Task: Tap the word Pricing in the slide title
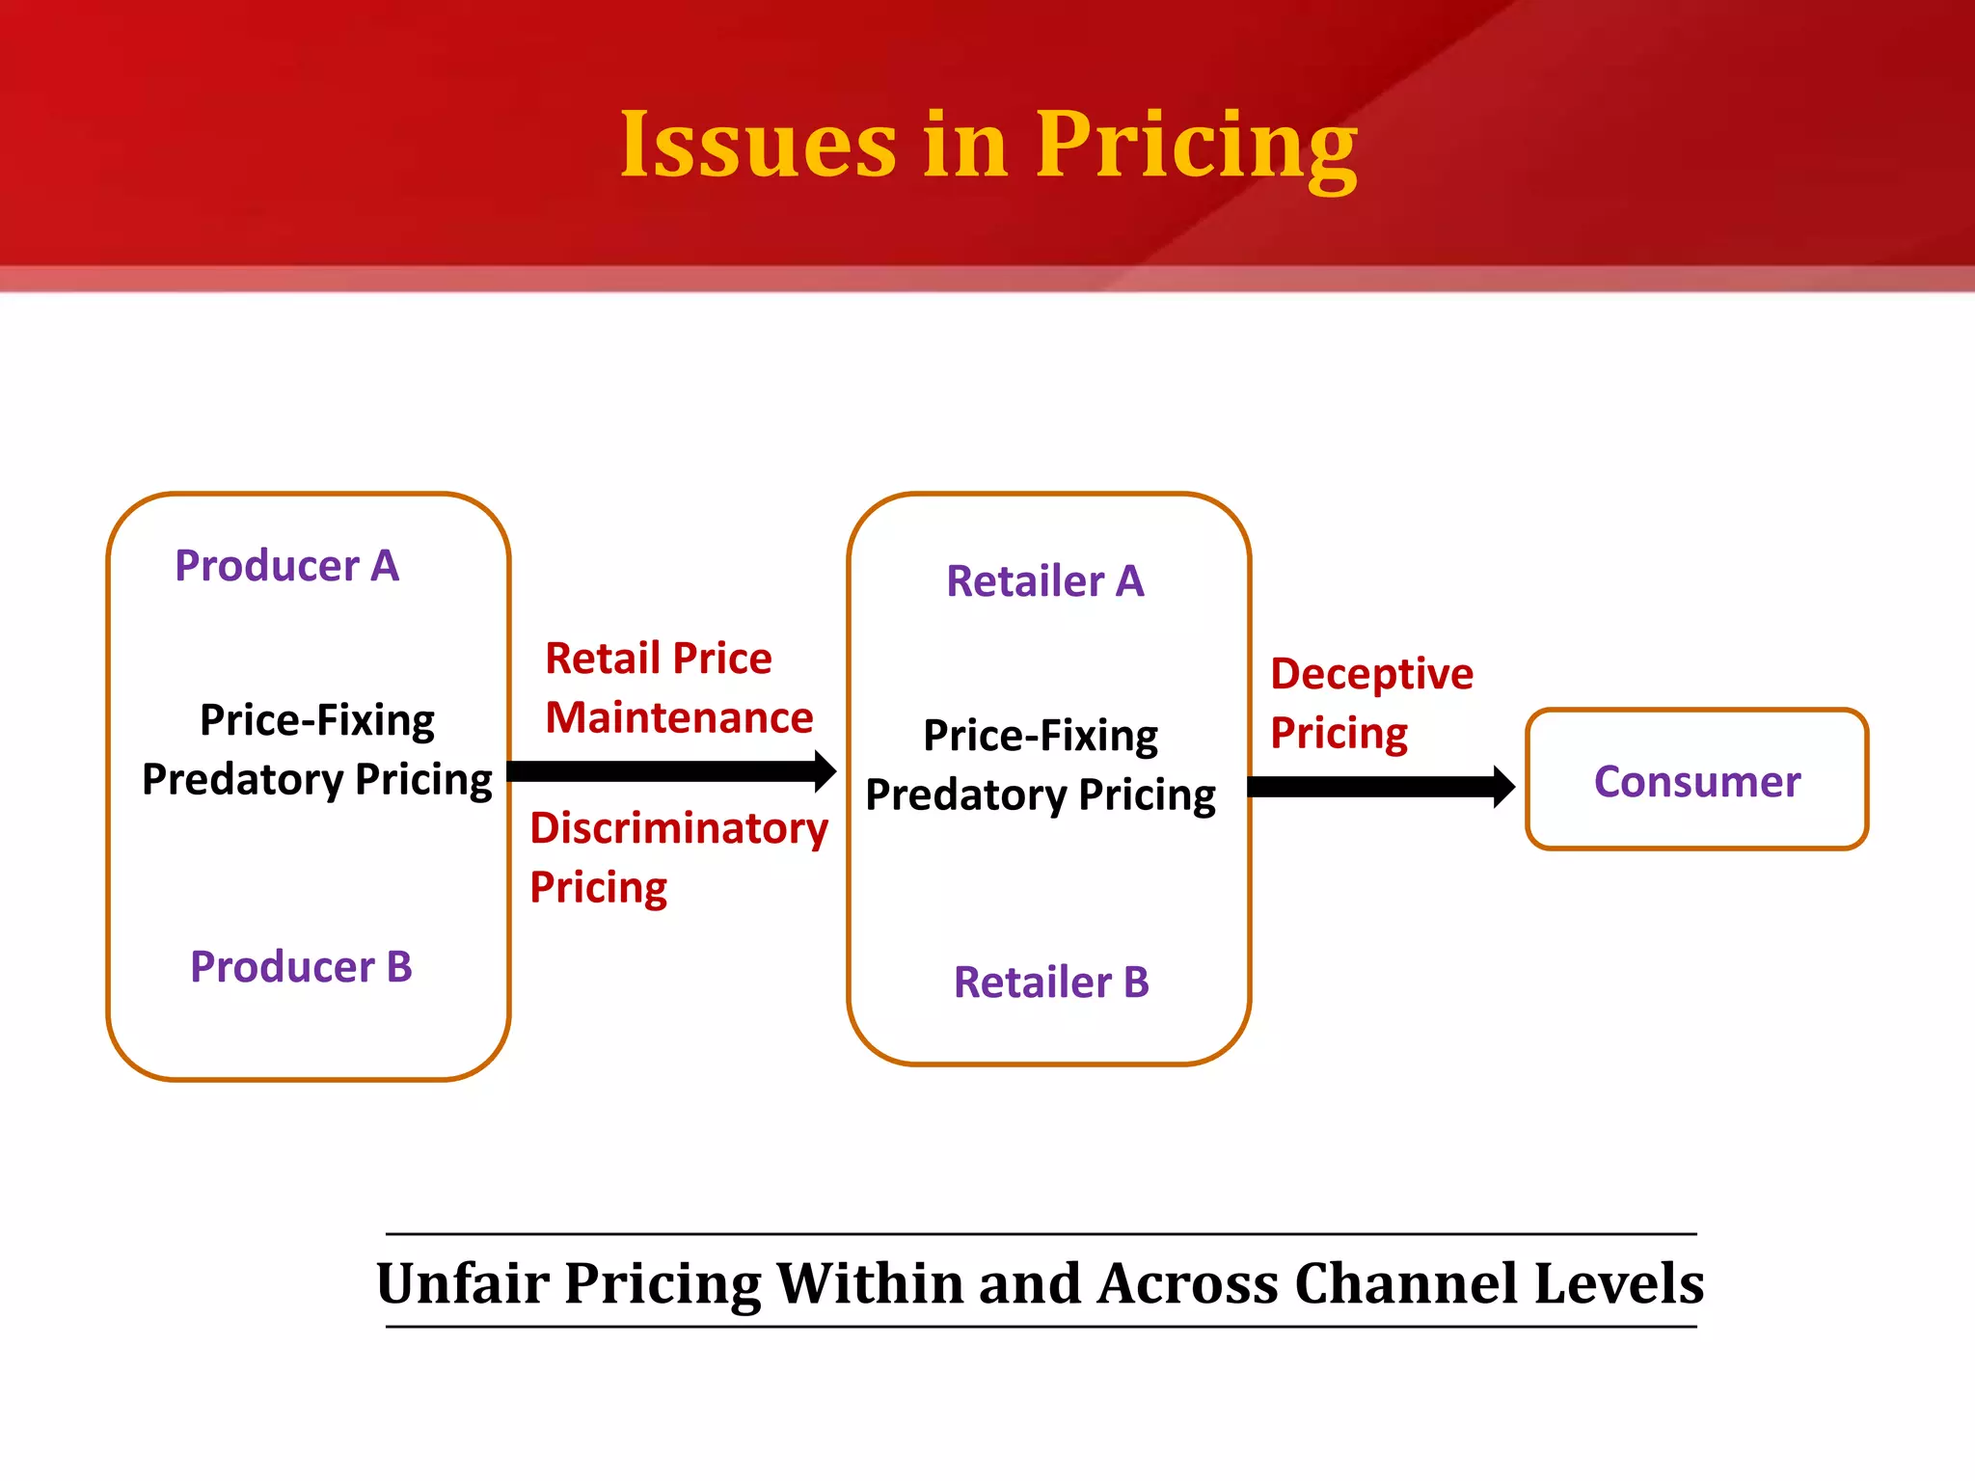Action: (x=1196, y=147)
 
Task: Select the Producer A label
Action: (x=286, y=566)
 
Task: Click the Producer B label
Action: (x=301, y=967)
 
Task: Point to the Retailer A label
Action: (x=1045, y=581)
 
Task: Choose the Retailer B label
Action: (x=1051, y=983)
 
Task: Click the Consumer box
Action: (x=1696, y=781)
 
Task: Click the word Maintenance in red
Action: (x=679, y=718)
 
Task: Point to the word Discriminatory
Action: (x=679, y=828)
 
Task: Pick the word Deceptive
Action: (x=1371, y=674)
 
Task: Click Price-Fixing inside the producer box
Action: (x=316, y=720)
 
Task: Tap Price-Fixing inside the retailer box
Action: (x=1041, y=736)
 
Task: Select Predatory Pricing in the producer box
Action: (x=316, y=779)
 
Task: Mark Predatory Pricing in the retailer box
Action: (x=1041, y=795)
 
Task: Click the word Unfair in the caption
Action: (x=462, y=1283)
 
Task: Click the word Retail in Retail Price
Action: (x=602, y=659)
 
